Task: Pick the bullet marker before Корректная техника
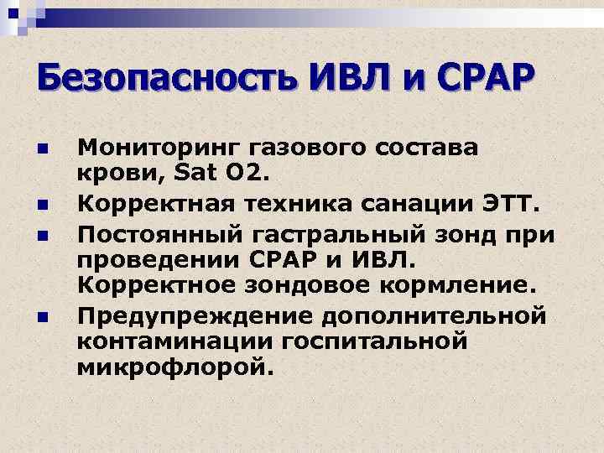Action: click(x=42, y=204)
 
